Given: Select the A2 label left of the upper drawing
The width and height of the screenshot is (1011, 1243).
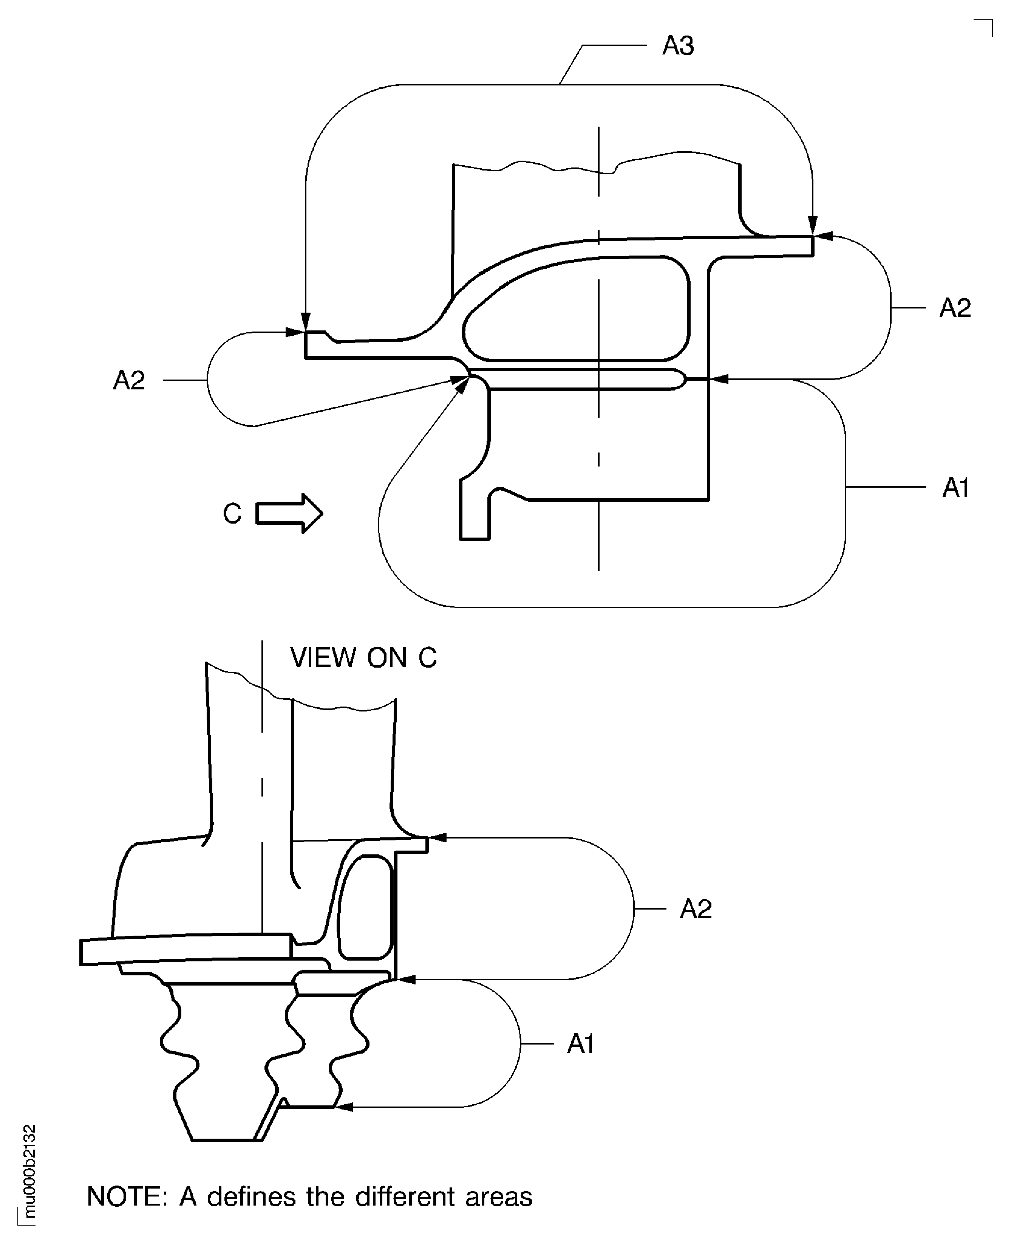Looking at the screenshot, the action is (129, 381).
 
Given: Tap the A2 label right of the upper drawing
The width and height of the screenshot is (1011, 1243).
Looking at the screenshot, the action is (955, 308).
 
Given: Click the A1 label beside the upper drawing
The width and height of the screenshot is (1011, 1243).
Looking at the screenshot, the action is (956, 487).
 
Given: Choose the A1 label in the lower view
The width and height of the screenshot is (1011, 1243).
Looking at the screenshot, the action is (581, 1043).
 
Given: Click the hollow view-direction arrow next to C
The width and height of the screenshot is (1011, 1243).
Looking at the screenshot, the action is (289, 513).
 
